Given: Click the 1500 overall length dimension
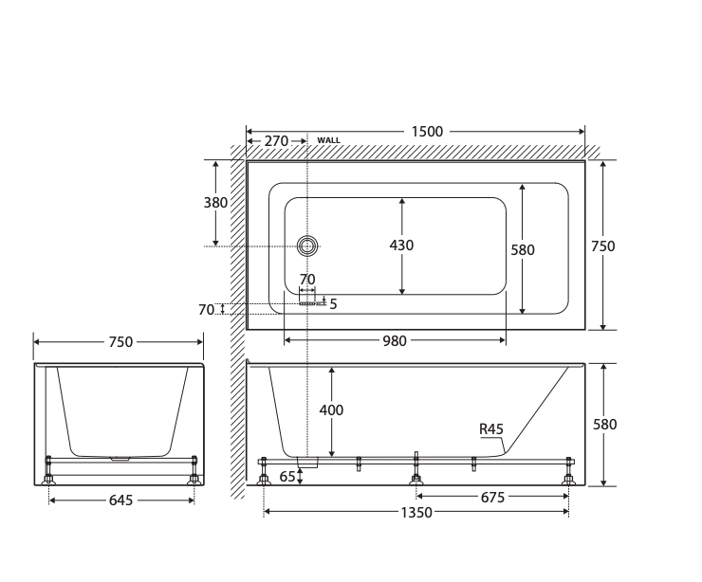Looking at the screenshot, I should click(427, 132).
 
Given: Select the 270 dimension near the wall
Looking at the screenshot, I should click(276, 141).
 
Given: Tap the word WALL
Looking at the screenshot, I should click(328, 140).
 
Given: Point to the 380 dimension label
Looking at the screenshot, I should click(215, 202).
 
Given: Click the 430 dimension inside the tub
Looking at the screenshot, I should click(401, 246).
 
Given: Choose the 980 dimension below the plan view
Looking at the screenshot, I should click(395, 341).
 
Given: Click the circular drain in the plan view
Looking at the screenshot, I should click(306, 246).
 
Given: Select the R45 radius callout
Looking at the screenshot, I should click(490, 429).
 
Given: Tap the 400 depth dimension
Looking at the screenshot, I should click(331, 410).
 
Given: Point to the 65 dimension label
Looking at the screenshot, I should click(286, 477).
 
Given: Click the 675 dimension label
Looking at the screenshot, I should click(492, 497).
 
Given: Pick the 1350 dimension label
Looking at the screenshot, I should click(416, 513).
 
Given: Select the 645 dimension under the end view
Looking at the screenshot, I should click(120, 500).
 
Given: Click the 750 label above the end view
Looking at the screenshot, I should click(120, 342).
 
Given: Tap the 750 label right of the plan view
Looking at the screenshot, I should click(603, 246).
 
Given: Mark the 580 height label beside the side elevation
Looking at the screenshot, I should click(604, 425).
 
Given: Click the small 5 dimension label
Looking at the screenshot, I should click(333, 303).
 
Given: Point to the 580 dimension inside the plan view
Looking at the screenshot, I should click(523, 250).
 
